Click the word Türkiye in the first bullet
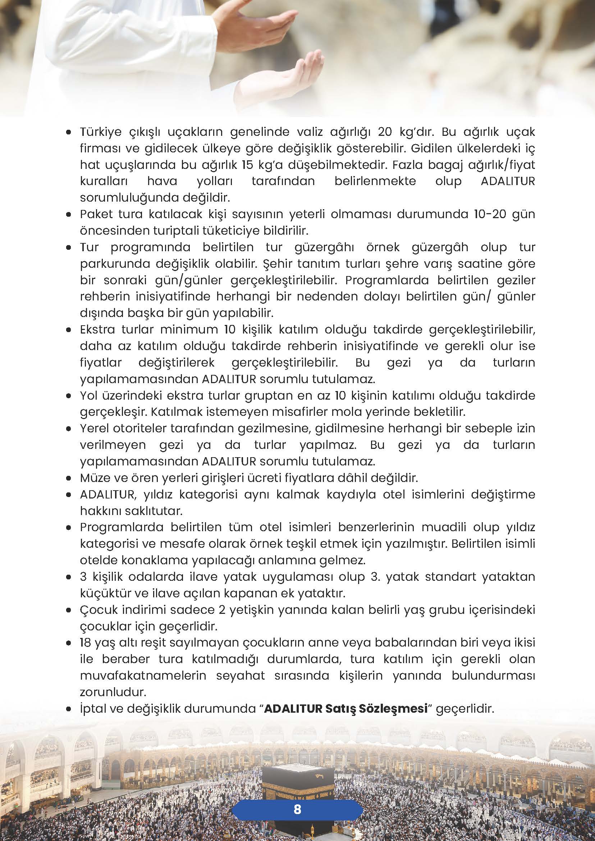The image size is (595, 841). point(100,132)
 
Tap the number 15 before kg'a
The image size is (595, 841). point(248,165)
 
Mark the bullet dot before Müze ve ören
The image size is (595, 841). point(68,478)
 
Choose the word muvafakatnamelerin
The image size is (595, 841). point(143,676)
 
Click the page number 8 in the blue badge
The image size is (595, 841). point(297,799)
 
